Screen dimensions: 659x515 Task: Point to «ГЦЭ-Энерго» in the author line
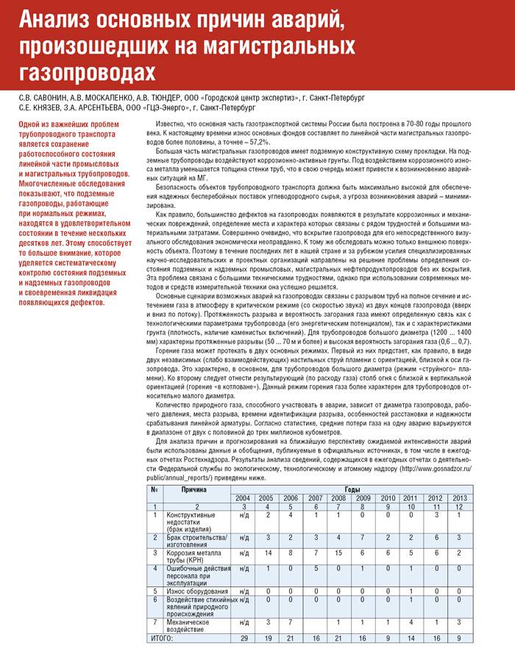point(166,107)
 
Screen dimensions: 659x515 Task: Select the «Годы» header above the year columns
point(353,489)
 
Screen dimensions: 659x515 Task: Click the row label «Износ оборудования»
point(191,590)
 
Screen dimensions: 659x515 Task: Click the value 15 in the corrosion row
point(339,552)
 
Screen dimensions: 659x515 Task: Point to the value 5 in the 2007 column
point(315,568)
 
